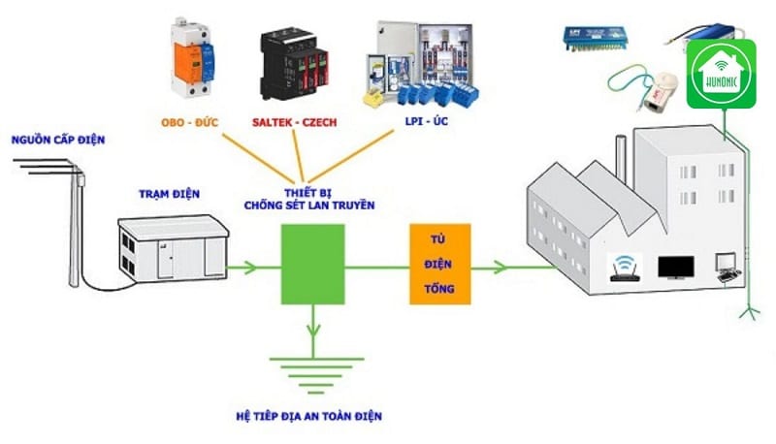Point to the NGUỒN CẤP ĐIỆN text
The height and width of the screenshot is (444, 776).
click(x=58, y=141)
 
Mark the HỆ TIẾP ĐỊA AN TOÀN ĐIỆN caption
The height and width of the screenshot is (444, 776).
click(x=309, y=416)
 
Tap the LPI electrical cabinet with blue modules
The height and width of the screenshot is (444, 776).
click(x=417, y=64)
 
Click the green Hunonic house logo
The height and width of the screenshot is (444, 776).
click(x=721, y=74)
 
